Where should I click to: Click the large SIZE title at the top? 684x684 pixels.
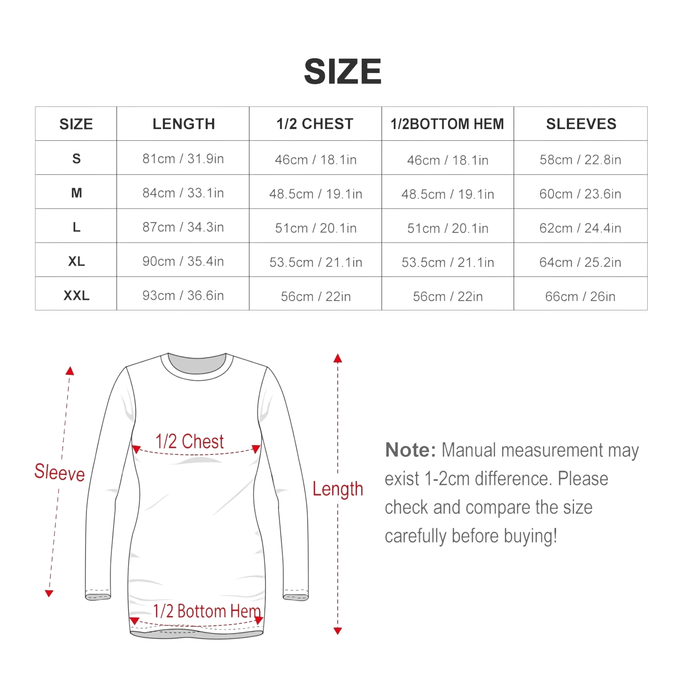[342, 71]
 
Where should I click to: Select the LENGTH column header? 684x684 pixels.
[184, 124]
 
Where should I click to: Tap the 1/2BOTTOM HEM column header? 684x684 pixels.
[447, 124]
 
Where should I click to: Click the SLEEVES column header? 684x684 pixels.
[581, 124]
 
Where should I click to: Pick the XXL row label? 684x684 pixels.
[77, 295]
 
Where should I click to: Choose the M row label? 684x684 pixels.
[77, 193]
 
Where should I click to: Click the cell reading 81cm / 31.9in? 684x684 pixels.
[183, 159]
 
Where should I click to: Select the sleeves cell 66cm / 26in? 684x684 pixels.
[580, 296]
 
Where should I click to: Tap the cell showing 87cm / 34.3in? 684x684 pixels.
[183, 227]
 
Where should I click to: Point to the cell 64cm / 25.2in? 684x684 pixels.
[580, 262]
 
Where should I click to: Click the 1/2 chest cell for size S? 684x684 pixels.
[315, 159]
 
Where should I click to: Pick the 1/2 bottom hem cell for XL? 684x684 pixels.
[448, 262]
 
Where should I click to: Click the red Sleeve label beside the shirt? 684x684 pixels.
[59, 472]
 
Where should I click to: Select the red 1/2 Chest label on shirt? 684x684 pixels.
[189, 441]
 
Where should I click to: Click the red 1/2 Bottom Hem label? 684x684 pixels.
[207, 611]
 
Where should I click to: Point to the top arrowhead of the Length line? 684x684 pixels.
[338, 358]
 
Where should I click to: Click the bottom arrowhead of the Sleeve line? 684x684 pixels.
[49, 593]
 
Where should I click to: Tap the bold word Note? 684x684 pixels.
[410, 450]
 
